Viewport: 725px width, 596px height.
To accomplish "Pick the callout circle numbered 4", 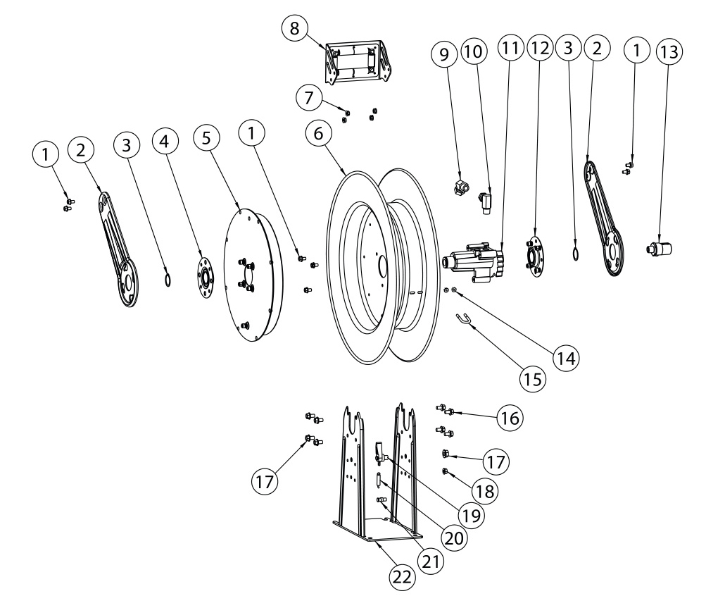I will (164, 141).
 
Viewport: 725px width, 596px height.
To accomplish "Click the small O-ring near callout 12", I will (576, 253).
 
